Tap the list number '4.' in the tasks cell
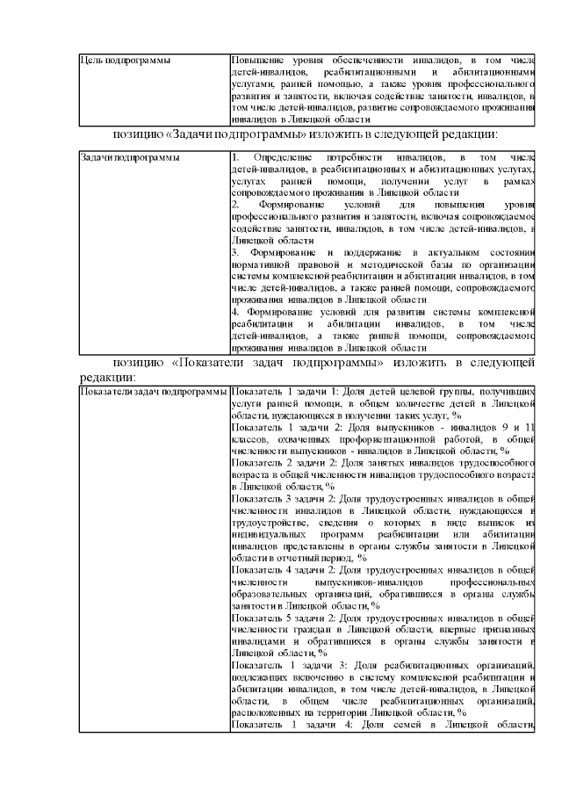pyautogui.click(x=234, y=311)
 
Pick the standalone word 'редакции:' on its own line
pyautogui.click(x=106, y=375)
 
